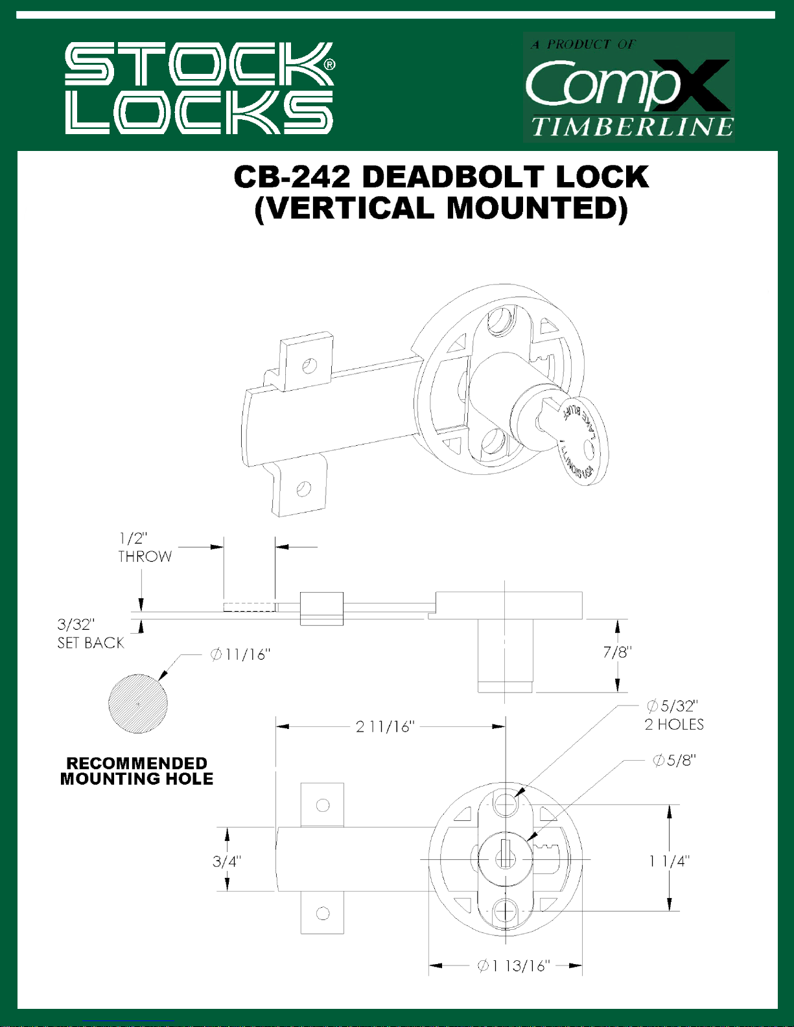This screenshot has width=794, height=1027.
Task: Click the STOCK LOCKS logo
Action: pyautogui.click(x=200, y=88)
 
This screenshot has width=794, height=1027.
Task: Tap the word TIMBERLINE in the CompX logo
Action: pyautogui.click(x=633, y=127)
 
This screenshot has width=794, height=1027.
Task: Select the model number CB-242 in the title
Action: pyautogui.click(x=292, y=177)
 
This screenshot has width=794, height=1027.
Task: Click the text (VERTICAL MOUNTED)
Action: pyautogui.click(x=441, y=208)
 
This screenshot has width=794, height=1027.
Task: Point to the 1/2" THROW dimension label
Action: pyautogui.click(x=145, y=548)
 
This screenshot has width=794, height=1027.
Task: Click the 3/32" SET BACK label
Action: pyautogui.click(x=91, y=634)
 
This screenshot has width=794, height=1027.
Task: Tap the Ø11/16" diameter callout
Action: pyautogui.click(x=240, y=654)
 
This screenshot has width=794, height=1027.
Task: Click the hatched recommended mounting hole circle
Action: pyautogui.click(x=138, y=704)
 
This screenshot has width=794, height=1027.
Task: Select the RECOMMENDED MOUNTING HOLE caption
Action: pyautogui.click(x=137, y=771)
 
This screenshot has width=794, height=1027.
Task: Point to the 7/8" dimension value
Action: pyautogui.click(x=617, y=652)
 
